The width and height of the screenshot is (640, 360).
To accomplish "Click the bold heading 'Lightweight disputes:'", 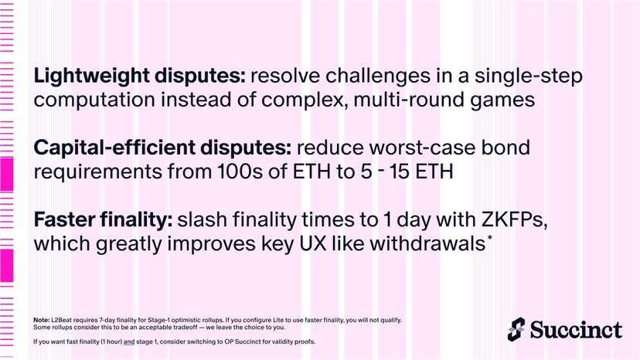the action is (x=140, y=76).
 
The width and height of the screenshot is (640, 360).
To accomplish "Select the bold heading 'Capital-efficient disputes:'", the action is (x=162, y=148).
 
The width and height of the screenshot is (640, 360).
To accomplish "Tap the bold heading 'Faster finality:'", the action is (x=103, y=220).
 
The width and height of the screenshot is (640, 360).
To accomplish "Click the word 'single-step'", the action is (x=528, y=76).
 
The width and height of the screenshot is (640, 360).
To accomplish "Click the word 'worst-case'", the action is (x=422, y=148).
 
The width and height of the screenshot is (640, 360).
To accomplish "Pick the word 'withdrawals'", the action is (x=427, y=243).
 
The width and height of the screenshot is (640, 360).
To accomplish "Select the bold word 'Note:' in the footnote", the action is (x=42, y=320).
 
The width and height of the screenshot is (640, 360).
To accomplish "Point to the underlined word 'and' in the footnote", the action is (x=129, y=341).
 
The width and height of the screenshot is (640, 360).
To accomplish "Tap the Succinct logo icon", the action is (x=516, y=329).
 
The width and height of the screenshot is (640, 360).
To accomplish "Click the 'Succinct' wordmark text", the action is (x=576, y=330).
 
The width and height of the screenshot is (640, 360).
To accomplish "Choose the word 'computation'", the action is (x=94, y=100).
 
